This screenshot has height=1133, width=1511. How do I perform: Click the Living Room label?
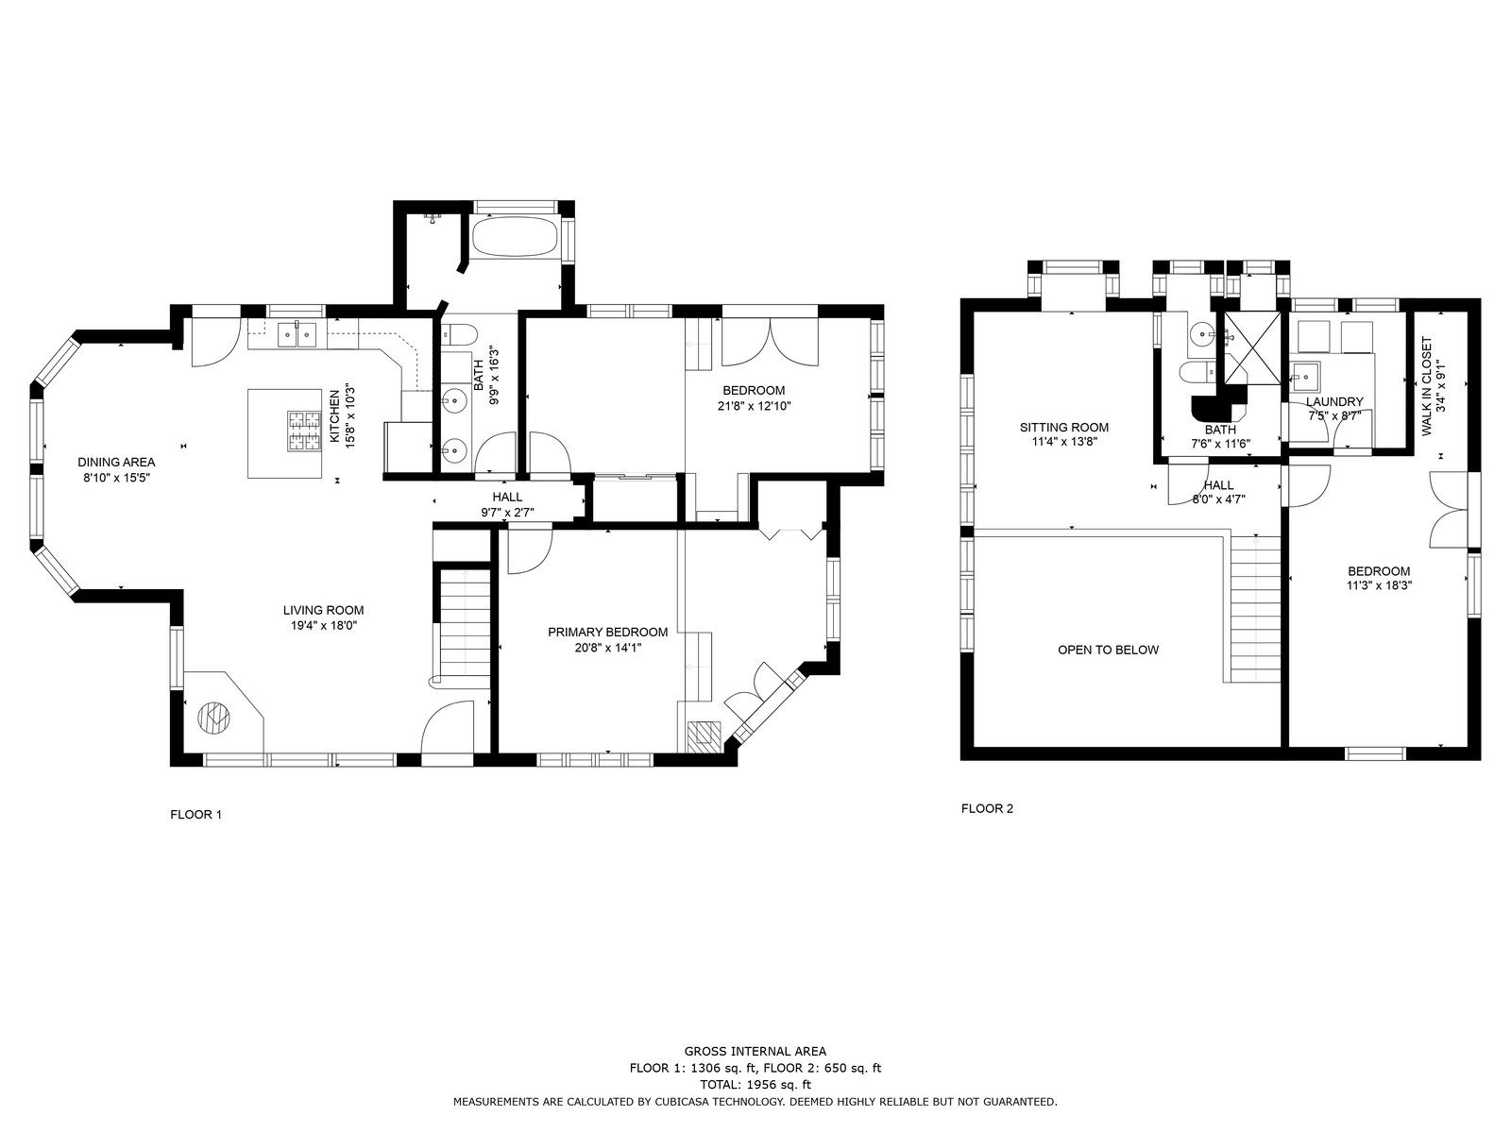pos(323,610)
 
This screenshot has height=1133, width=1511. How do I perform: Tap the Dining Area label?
pos(116,463)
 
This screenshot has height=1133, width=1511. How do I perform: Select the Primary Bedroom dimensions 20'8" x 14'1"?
pos(608,648)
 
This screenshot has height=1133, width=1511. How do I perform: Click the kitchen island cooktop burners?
pos(304,431)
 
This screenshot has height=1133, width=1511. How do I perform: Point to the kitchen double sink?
pos(297,335)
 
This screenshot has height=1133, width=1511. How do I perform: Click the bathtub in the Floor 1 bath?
pos(515,238)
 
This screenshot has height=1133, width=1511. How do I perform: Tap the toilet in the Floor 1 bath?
pos(459,336)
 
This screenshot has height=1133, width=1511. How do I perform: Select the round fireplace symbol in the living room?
pos(213,719)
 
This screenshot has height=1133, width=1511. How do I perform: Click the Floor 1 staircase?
pos(465,626)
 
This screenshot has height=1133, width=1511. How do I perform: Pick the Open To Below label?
pos(1109,650)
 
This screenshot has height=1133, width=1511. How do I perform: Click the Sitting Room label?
pos(1064,427)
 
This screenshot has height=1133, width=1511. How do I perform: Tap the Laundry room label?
pos(1334,402)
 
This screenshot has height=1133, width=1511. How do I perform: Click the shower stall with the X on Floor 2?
pos(1252,348)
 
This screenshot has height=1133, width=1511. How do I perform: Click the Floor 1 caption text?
pos(196,815)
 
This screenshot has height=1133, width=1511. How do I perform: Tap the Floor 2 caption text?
pos(987,808)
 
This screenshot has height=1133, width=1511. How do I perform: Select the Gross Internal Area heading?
pos(755,1051)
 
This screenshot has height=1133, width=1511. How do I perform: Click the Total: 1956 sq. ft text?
pos(755,1085)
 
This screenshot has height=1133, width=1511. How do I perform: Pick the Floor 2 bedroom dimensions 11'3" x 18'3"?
pos(1379,585)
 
